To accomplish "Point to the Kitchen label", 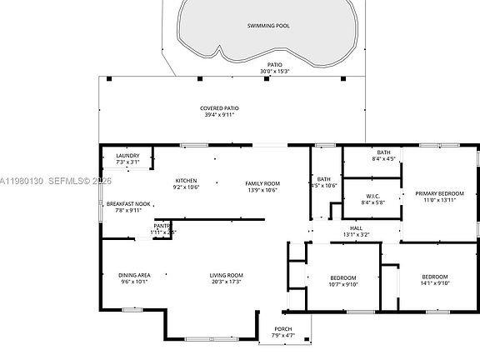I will tap(185, 181).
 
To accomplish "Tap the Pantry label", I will tap(162, 225).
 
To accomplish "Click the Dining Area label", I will tap(133, 275).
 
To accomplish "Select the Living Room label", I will tap(225, 275).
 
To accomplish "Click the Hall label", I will tap(356, 227).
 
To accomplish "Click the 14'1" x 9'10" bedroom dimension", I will tap(434, 283).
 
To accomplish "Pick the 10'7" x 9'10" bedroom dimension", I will tap(342, 284).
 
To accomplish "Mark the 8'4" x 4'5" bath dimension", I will tap(383, 159).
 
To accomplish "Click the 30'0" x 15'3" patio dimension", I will tap(274, 72).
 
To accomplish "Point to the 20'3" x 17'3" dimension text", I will tap(225, 282).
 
